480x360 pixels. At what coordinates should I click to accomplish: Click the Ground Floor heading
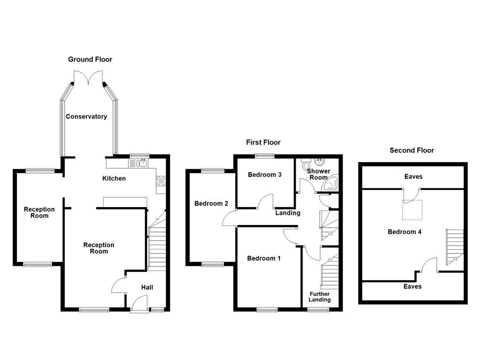click(90, 60)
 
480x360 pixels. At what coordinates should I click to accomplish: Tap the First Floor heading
click(263, 142)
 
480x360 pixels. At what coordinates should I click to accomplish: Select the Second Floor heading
click(412, 150)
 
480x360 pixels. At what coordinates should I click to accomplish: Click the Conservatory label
click(86, 117)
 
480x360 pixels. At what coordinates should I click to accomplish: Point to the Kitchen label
click(114, 179)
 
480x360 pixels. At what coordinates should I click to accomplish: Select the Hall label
click(147, 287)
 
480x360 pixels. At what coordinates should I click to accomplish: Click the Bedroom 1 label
click(264, 258)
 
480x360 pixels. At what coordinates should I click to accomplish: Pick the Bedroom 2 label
click(211, 203)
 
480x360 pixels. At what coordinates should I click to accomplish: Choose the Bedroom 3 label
click(264, 175)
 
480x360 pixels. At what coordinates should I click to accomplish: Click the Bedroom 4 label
click(404, 232)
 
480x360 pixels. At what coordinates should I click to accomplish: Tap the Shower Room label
click(319, 174)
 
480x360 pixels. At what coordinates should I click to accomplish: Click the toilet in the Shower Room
click(307, 164)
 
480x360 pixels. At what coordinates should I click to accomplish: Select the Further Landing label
click(320, 297)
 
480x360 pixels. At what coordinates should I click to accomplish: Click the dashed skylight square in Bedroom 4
click(412, 210)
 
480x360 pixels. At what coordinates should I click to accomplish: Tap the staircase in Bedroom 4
click(454, 246)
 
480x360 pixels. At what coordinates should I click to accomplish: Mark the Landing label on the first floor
click(287, 213)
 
